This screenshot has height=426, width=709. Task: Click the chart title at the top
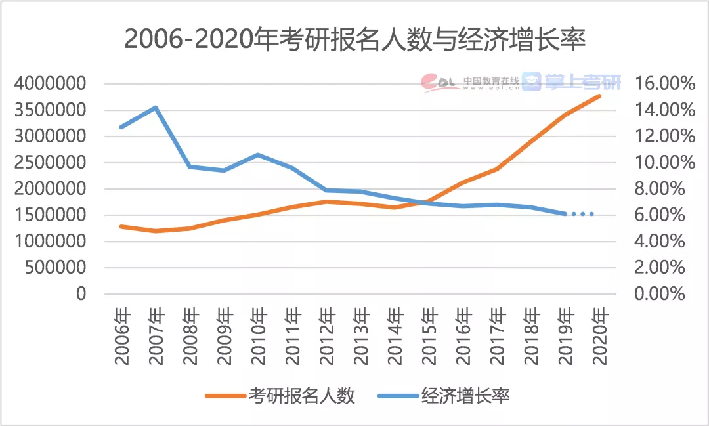click(x=354, y=39)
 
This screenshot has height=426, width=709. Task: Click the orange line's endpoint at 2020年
click(x=599, y=96)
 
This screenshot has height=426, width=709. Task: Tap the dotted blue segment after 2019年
click(x=581, y=214)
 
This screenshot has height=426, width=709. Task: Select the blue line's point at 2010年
click(x=258, y=155)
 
